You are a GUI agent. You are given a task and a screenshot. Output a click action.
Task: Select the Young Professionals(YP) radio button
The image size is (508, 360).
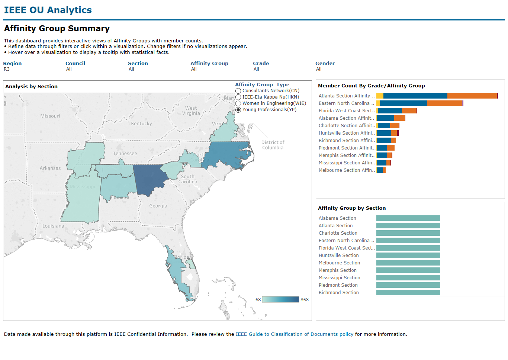[x=238, y=110]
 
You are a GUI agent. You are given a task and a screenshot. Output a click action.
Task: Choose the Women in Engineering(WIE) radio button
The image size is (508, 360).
[x=238, y=103]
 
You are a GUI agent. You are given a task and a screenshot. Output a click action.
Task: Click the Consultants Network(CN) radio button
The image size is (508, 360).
[x=238, y=91]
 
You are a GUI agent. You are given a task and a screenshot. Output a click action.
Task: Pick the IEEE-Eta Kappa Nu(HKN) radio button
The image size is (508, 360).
[x=238, y=97]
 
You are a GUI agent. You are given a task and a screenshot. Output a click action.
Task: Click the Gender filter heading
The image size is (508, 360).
[x=325, y=64]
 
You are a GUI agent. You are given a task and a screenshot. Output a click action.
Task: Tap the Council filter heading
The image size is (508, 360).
[x=75, y=64]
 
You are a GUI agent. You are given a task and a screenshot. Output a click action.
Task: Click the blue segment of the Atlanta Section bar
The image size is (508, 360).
[x=415, y=96]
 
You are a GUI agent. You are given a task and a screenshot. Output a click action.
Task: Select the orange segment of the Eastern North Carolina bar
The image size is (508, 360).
[x=444, y=103]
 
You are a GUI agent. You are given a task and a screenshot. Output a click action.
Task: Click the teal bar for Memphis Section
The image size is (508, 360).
[x=408, y=270]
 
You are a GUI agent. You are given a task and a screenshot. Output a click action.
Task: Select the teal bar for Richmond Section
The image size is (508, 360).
[x=408, y=293]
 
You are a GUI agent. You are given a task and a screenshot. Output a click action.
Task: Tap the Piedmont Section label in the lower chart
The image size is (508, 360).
[x=338, y=285]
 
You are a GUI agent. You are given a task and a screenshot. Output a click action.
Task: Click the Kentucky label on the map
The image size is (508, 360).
[x=141, y=123]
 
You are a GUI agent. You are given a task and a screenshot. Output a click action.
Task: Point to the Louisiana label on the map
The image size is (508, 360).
[x=53, y=226]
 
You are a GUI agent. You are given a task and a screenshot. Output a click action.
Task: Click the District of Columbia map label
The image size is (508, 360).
[x=273, y=145]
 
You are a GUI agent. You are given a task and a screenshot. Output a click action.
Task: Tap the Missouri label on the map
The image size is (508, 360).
[x=50, y=116]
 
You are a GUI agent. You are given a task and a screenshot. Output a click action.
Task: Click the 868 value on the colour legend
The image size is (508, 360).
[x=305, y=300]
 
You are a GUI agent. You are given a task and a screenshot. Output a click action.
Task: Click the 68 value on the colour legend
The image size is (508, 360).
[x=258, y=300]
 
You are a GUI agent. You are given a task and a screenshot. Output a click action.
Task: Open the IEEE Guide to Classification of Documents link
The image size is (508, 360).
[x=295, y=334]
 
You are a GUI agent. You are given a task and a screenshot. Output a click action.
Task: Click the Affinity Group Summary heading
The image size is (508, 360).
[x=57, y=29]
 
